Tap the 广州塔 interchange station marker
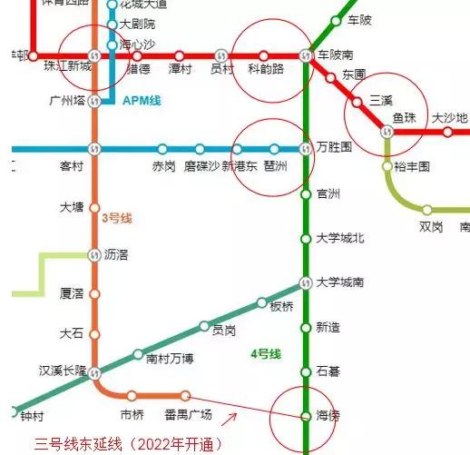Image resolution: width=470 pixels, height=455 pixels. point(94,100)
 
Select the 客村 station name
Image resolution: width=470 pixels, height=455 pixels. point(71,166)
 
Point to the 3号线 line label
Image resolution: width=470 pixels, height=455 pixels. point(117,219)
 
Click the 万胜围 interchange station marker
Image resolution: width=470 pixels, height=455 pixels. point(306,148)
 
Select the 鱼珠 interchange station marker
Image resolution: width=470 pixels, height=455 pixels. point(387,132)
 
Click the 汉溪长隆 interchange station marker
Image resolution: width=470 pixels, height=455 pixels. point(94,371)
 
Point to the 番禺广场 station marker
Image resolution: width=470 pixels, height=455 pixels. point(185,396)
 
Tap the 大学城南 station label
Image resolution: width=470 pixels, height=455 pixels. point(339,282)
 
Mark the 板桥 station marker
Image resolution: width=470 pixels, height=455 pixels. point(261,302)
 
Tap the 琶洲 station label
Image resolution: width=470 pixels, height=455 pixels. point(275,166)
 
